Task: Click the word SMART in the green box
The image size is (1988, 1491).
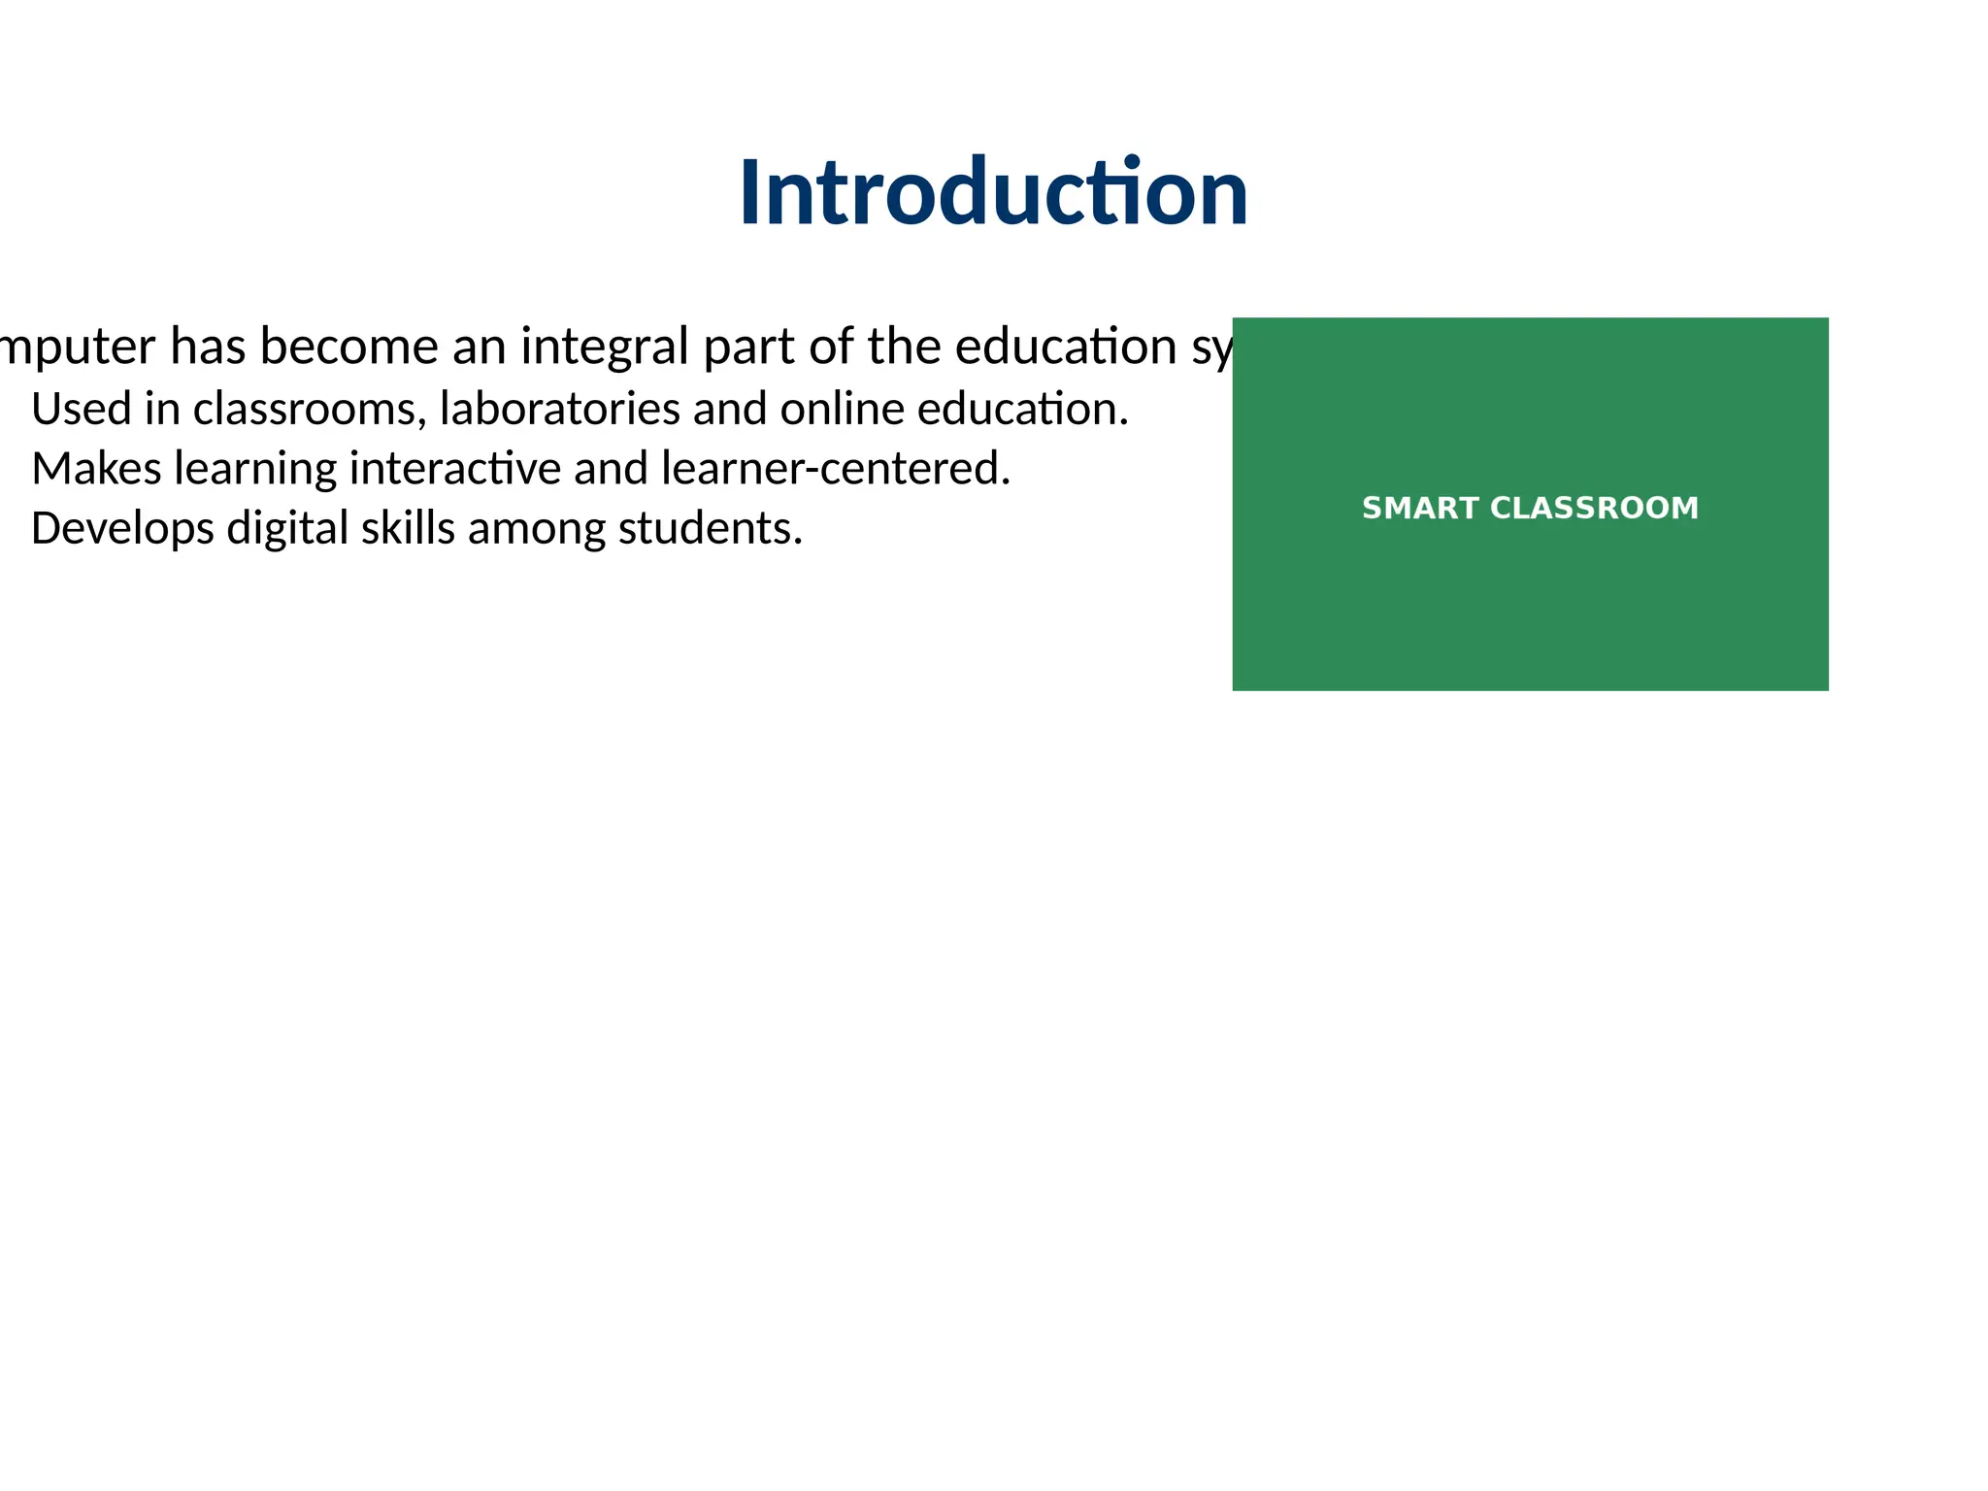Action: point(1419,508)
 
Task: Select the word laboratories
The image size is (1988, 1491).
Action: point(559,409)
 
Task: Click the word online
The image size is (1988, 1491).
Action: point(842,409)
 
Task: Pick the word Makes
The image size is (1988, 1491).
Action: point(96,469)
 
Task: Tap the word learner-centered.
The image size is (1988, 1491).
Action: point(836,469)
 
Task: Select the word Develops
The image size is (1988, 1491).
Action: point(122,529)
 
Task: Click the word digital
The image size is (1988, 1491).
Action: point(287,529)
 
